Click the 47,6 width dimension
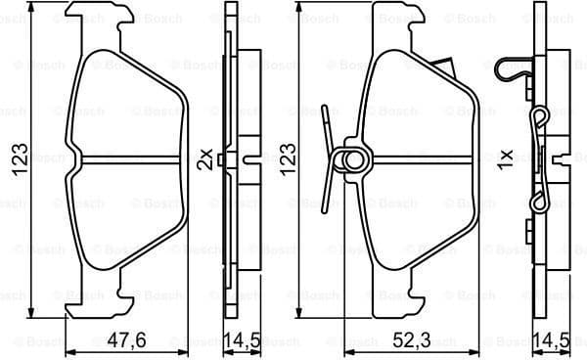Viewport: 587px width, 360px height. [x=128, y=342]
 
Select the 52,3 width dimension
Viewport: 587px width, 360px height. [x=411, y=342]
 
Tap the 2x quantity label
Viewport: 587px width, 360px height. [x=204, y=158]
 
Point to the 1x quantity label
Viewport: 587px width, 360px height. [x=505, y=158]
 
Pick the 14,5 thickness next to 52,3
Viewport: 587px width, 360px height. [x=553, y=342]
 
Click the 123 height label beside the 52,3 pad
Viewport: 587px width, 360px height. [x=288, y=158]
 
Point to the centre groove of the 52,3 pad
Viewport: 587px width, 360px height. [x=411, y=159]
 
